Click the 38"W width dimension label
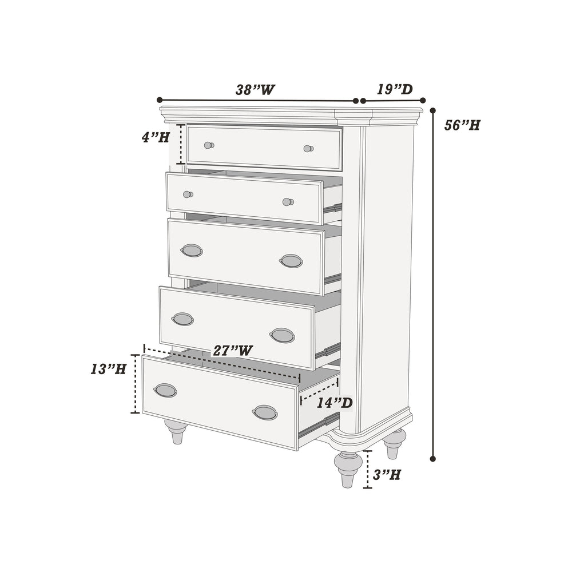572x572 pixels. click(255, 90)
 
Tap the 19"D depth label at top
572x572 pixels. click(395, 89)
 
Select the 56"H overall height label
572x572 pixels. click(462, 125)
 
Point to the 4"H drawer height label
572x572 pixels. click(156, 137)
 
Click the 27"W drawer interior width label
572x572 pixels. click(232, 351)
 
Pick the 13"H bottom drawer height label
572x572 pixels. click(108, 369)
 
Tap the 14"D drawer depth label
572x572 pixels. click(335, 403)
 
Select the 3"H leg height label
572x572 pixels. click(387, 474)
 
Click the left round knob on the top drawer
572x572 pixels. click(209, 145)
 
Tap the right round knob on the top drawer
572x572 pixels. click(308, 149)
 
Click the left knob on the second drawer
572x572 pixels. click(188, 194)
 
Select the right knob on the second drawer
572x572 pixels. click(288, 202)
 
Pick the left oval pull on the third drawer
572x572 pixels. click(192, 251)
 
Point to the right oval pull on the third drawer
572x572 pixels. click(291, 261)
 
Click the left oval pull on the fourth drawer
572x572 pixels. click(182, 319)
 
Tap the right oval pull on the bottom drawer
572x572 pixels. click(265, 412)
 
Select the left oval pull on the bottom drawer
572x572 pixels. click(165, 391)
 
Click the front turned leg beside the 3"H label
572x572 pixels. click(348, 468)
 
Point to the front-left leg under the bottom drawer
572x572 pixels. click(176, 431)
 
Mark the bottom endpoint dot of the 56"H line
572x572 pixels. click(433, 458)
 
